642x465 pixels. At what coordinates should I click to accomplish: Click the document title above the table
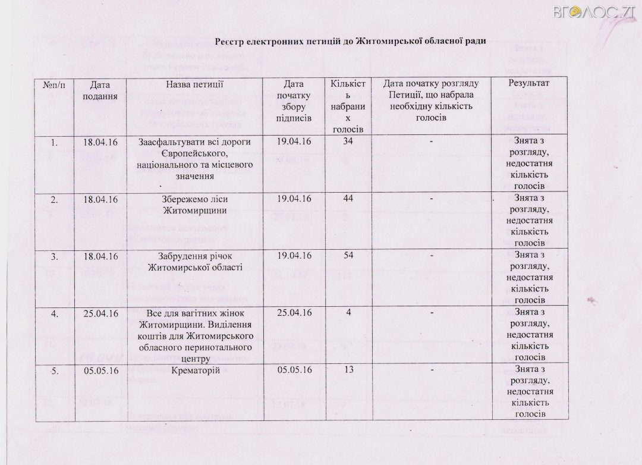(351, 41)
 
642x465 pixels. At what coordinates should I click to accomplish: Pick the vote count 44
(345, 198)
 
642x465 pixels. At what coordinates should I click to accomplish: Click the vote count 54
(345, 256)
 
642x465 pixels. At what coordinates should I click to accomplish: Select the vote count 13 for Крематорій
(345, 370)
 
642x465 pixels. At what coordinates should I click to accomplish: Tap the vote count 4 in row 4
(345, 313)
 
